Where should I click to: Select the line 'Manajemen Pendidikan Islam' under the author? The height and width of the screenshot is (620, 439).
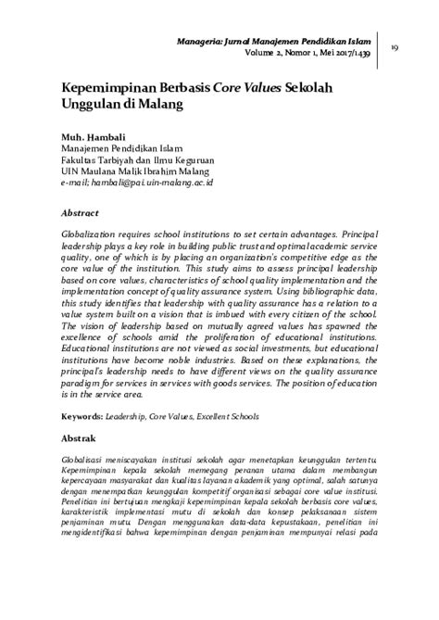(121, 147)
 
